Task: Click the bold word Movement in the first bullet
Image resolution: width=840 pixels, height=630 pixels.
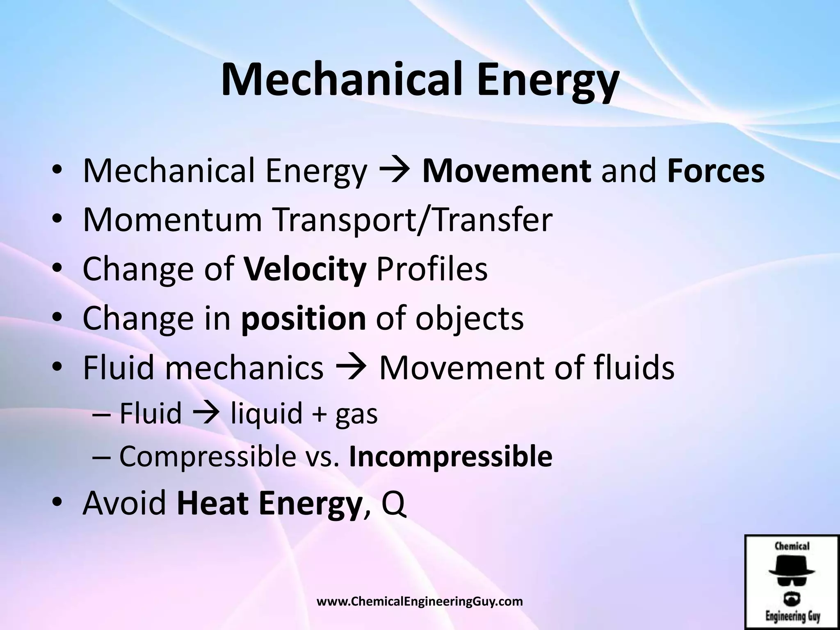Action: (x=507, y=171)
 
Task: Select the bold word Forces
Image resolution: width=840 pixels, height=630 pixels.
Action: (x=716, y=171)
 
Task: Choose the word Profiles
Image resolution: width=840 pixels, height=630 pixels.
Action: (x=432, y=269)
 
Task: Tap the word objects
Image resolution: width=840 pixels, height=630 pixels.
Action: (x=469, y=318)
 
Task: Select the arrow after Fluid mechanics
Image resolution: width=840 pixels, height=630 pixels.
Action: (x=351, y=367)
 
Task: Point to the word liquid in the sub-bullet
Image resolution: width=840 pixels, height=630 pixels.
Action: (x=266, y=413)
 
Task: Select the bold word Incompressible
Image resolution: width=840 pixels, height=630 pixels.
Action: (x=450, y=456)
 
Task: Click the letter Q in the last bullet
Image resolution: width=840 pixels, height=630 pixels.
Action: (x=394, y=504)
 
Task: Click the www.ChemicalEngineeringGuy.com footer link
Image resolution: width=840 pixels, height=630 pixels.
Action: (x=420, y=602)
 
